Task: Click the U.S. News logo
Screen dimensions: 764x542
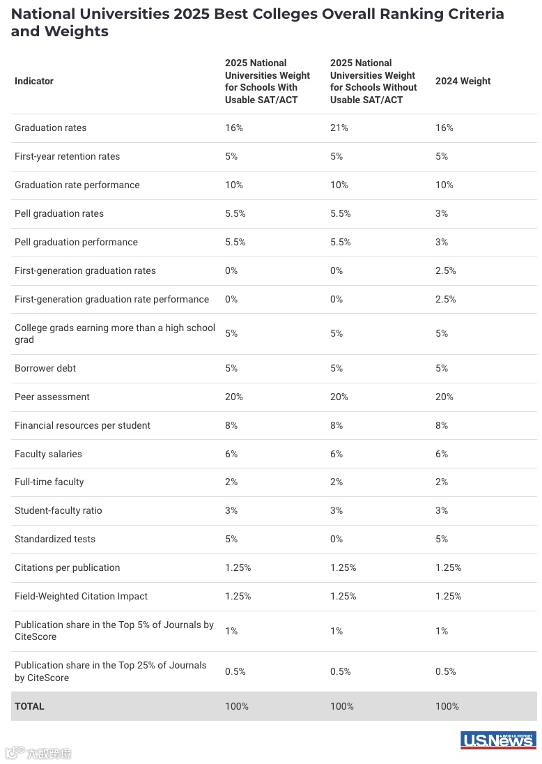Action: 497,740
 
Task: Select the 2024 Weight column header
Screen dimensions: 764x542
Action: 463,81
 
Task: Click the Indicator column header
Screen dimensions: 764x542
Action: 34,81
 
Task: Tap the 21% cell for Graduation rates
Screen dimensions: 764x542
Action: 339,128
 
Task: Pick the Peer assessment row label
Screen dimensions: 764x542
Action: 52,397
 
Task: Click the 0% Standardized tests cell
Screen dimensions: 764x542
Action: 336,539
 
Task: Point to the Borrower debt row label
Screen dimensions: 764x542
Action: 45,368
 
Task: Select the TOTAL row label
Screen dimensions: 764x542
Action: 29,706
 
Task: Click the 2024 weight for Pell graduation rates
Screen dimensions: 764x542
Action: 442,213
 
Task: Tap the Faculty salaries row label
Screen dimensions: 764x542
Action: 48,454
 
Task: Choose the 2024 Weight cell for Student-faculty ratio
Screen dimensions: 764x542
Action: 442,510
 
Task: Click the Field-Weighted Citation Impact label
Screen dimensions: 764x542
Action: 81,596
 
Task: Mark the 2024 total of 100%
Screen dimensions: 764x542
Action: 447,706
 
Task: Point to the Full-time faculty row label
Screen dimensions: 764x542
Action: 49,482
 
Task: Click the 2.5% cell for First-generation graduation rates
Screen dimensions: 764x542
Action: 446,270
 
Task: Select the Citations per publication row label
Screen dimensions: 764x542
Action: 67,567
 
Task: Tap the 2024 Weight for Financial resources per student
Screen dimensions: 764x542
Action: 442,425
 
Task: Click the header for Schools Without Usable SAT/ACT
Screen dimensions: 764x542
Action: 373,81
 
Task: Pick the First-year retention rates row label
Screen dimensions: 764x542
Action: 67,156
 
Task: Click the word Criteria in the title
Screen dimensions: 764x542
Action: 471,14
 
